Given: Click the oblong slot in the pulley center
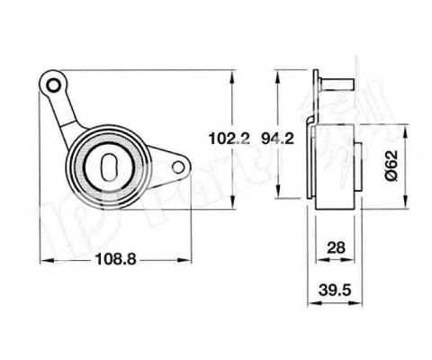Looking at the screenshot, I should (109, 166).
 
